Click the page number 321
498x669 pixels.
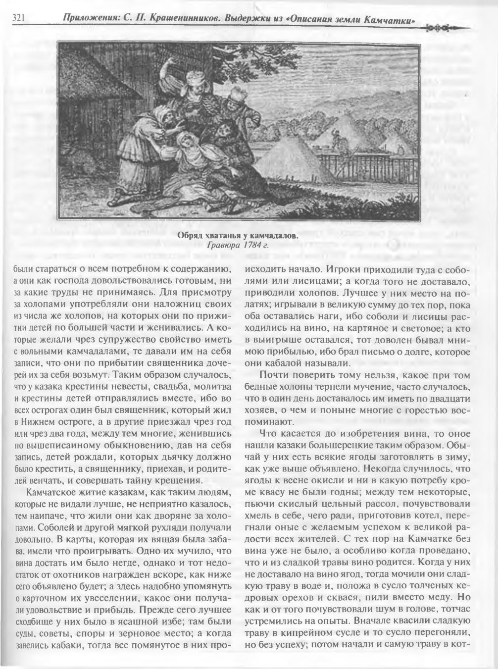18,18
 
